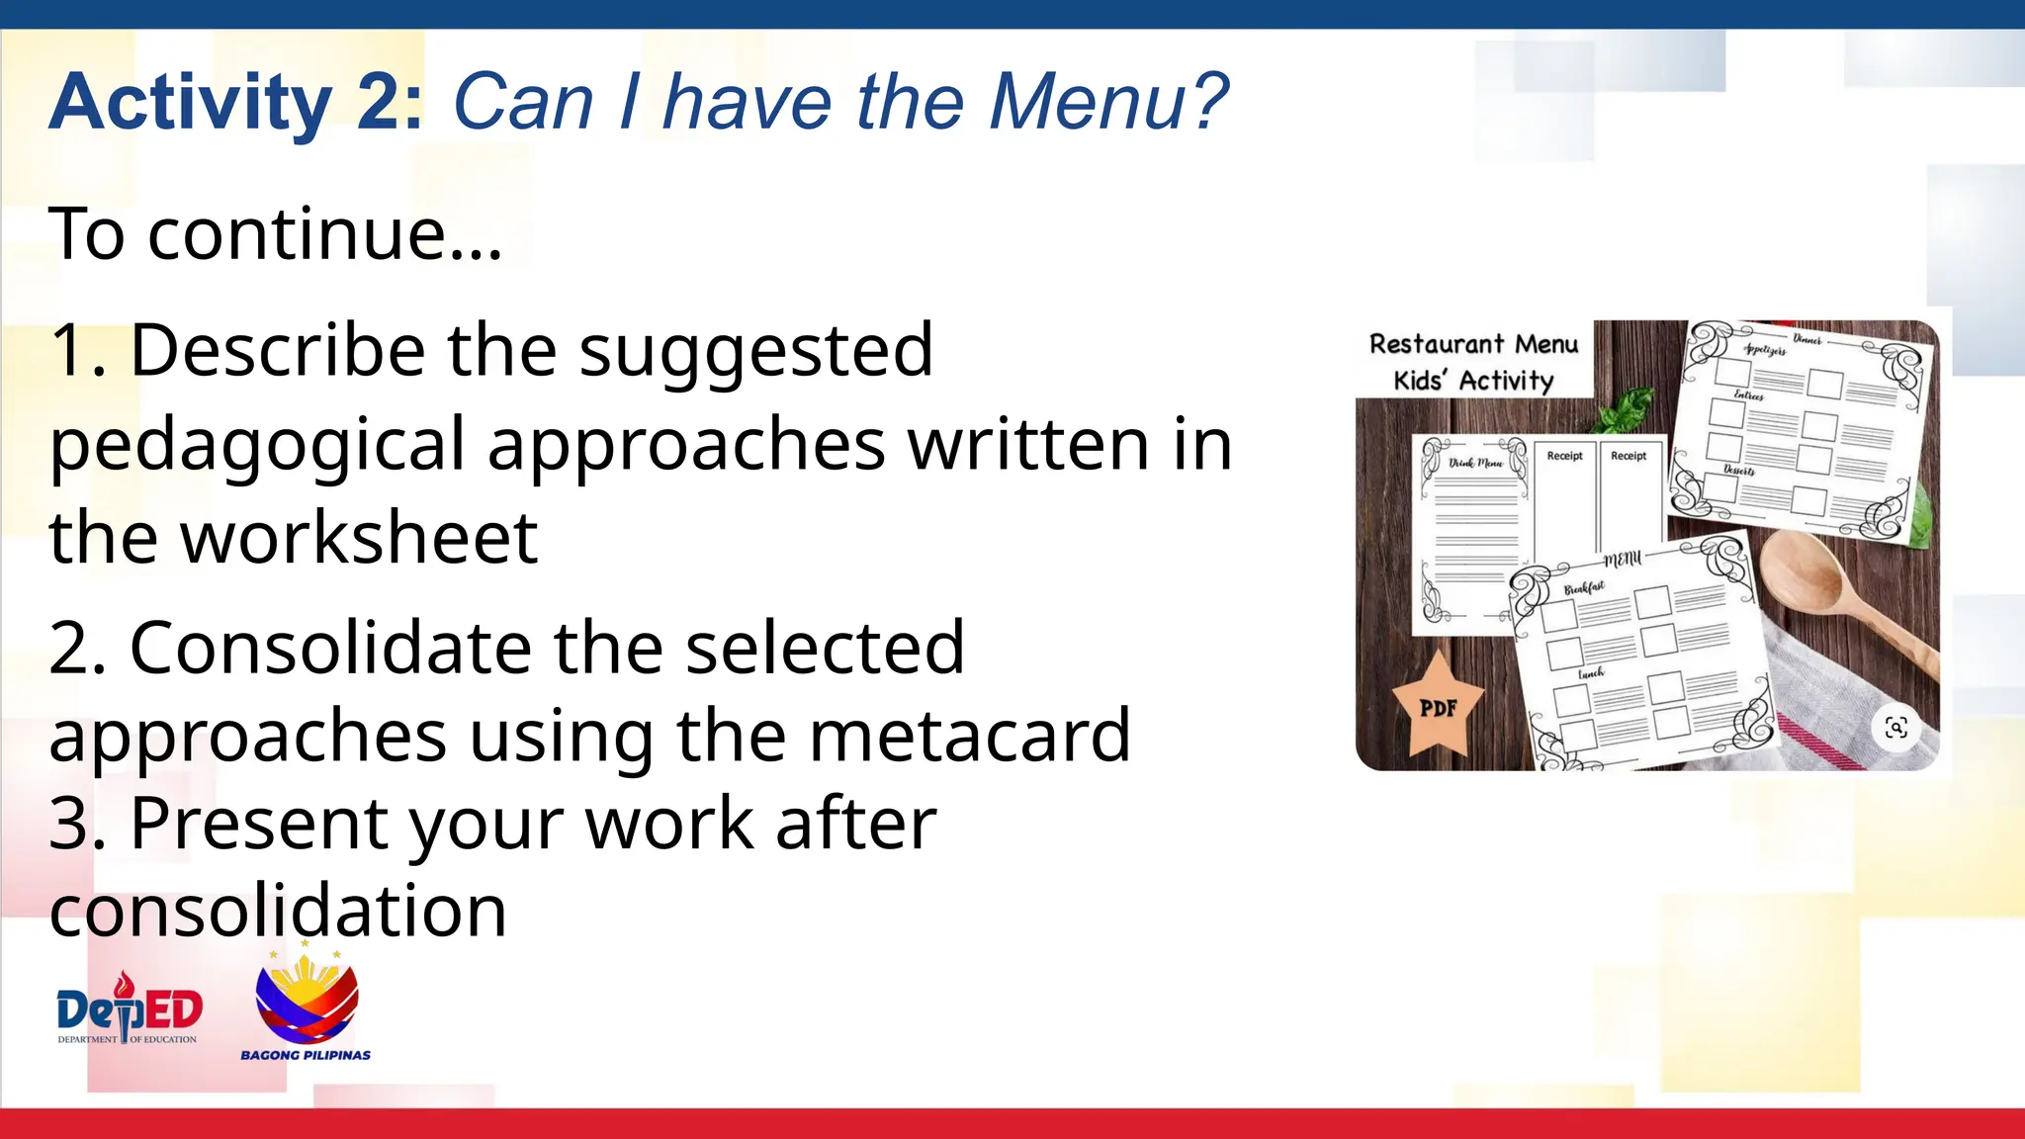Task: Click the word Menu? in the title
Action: (x=1108, y=102)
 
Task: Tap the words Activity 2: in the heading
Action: (x=236, y=102)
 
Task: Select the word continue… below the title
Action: (x=325, y=234)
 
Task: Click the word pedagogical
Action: (x=257, y=445)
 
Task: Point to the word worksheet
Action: (x=360, y=538)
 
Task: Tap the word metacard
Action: (x=970, y=735)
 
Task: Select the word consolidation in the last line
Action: (x=278, y=911)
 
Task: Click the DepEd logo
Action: (x=130, y=1009)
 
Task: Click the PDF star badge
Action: (x=1438, y=706)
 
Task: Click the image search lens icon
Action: (x=1895, y=729)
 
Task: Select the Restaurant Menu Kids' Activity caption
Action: (x=1473, y=362)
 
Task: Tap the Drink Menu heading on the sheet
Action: (x=1475, y=462)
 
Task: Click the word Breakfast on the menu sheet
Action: (x=1584, y=588)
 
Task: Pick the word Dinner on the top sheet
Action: (x=1806, y=339)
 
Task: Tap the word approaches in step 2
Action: (x=248, y=735)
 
